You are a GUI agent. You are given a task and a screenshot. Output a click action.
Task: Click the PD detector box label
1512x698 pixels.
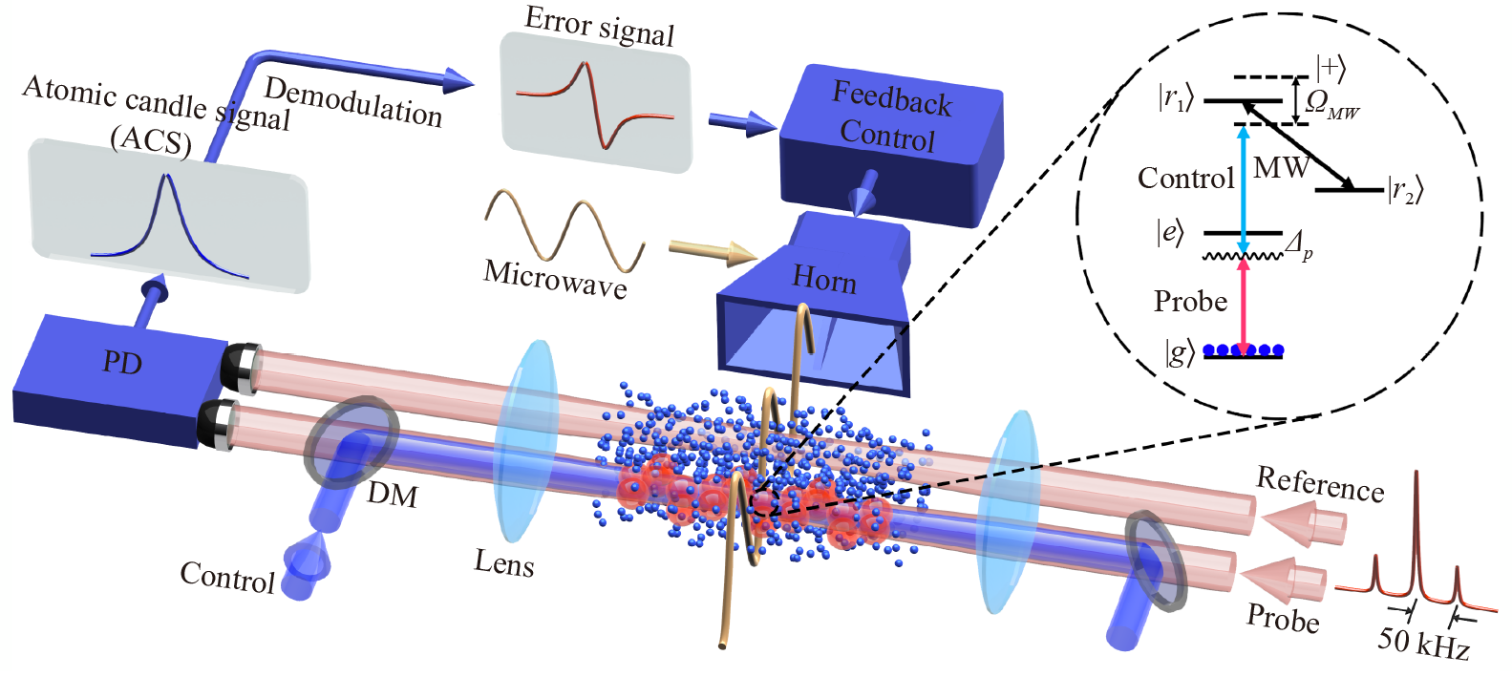pos(122,362)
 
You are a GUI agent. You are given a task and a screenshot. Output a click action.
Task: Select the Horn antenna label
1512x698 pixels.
pos(823,279)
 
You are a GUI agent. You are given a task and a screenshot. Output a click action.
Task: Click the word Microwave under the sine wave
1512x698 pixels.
pos(555,278)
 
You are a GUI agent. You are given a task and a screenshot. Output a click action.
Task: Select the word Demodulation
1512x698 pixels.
pos(352,101)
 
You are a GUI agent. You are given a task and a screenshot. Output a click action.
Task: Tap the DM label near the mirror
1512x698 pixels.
pos(393,494)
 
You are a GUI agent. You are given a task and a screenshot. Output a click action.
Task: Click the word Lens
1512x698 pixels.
pos(503,562)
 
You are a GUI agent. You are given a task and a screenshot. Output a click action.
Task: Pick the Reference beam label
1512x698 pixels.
pos(1319,484)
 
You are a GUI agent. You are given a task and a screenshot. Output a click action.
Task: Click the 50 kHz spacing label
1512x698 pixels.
pos(1422,643)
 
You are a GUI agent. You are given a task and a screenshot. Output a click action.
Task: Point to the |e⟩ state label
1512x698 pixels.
pos(1170,232)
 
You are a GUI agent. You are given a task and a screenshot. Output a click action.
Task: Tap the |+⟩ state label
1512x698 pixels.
pos(1331,68)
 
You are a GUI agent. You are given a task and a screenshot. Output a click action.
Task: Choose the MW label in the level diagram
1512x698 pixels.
pos(1280,168)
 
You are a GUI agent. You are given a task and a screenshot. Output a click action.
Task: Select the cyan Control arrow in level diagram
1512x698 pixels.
pos(1243,191)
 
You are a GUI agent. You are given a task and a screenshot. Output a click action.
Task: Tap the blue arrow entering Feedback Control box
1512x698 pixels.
pos(741,123)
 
